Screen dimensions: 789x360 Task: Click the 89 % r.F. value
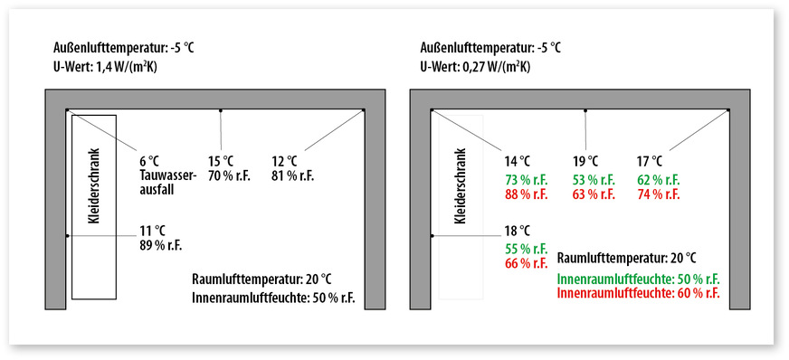point(163,244)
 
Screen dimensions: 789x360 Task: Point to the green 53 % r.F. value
point(594,178)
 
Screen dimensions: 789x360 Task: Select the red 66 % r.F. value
point(526,263)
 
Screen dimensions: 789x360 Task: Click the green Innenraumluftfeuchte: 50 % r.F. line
point(639,279)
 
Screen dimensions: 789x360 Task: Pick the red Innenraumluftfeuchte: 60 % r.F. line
point(639,294)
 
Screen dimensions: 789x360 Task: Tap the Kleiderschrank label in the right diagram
point(459,186)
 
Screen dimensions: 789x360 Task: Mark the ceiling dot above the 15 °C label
point(220,111)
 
